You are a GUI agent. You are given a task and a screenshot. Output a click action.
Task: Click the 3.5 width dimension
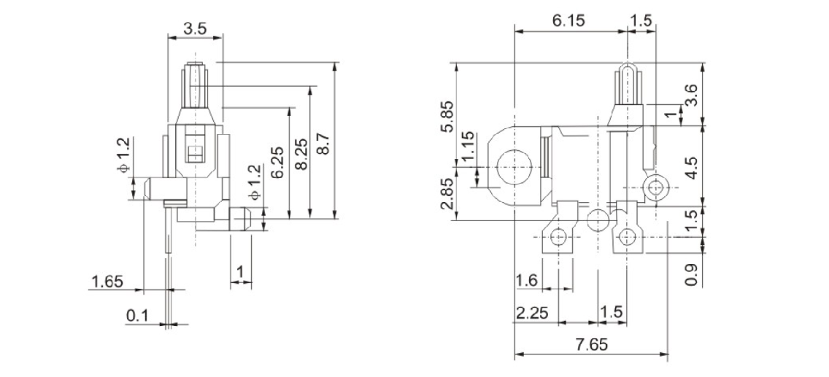tap(195, 29)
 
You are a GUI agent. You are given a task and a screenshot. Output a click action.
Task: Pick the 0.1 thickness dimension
tap(136, 315)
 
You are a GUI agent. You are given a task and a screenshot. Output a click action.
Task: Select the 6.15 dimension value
tap(568, 21)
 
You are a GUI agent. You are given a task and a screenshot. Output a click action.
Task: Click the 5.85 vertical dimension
tap(447, 115)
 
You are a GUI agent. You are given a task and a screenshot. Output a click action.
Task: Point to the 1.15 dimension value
tap(469, 148)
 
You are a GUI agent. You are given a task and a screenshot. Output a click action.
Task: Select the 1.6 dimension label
tap(527, 281)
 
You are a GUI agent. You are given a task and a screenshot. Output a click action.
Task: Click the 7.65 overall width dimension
tap(590, 345)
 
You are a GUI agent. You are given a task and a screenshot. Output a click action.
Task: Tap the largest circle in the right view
tap(513, 166)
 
